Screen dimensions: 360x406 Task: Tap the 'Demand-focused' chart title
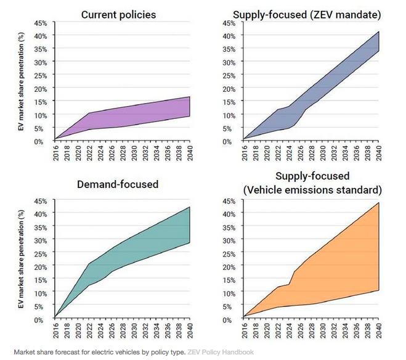coord(119,184)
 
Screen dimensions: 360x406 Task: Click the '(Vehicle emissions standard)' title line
coord(312,189)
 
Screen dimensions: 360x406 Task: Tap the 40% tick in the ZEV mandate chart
coord(228,36)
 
